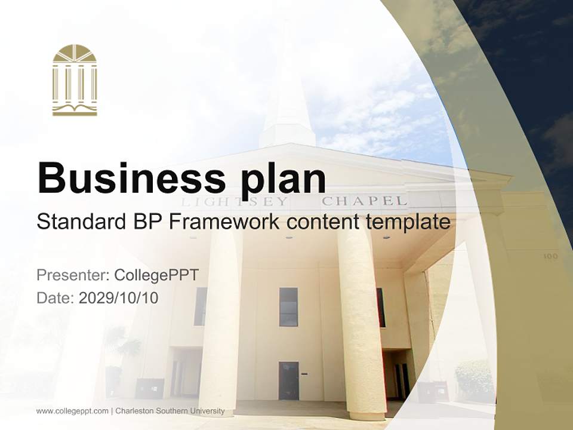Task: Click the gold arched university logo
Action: click(75, 80)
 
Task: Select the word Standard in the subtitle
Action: click(77, 222)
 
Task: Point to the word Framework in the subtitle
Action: click(223, 222)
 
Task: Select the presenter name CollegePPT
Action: click(156, 275)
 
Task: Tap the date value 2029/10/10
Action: click(119, 298)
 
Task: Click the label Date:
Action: click(56, 298)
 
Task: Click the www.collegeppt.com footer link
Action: click(72, 411)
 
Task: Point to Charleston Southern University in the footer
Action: click(170, 411)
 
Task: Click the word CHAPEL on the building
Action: click(364, 201)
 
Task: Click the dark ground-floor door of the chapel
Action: click(288, 380)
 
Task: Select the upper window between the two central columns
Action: click(288, 306)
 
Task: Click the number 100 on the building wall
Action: click(550, 256)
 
